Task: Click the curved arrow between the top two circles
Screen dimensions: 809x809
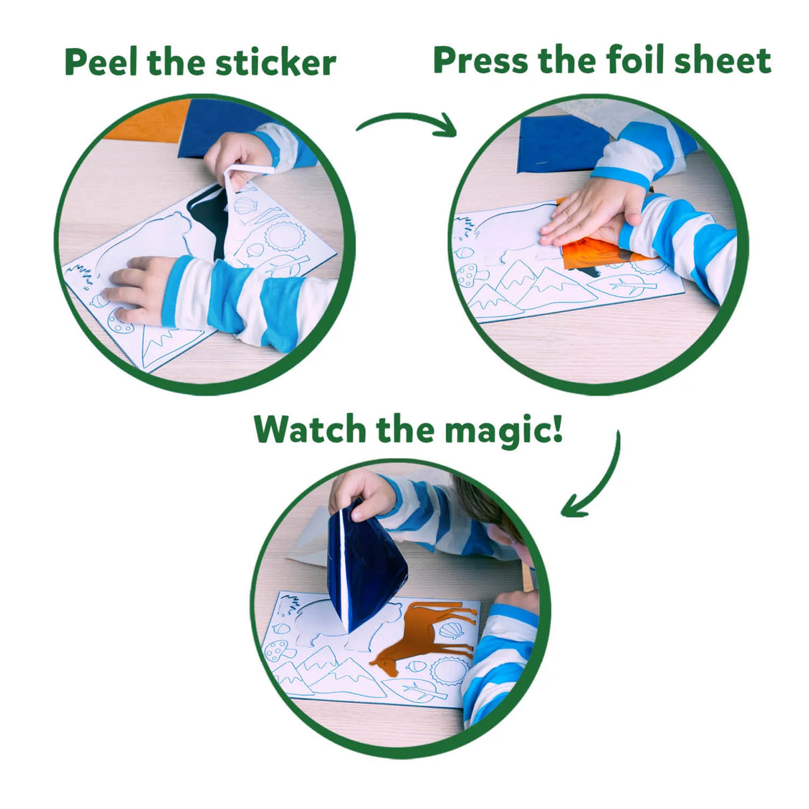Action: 406,123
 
